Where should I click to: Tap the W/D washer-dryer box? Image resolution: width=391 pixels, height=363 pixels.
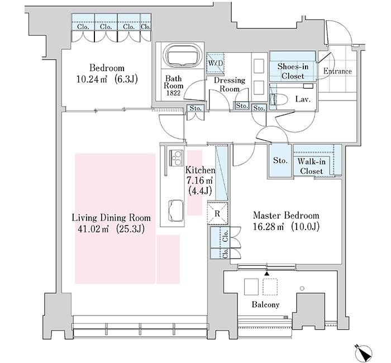coord(215,63)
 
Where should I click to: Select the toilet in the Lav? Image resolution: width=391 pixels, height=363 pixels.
coord(279,99)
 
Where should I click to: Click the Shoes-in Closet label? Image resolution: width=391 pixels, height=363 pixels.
coord(293,71)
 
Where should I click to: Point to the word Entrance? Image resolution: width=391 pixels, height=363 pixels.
coord(337,71)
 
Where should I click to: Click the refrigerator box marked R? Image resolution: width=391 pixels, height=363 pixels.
coord(217,213)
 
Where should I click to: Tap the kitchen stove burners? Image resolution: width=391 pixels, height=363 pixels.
coord(177,157)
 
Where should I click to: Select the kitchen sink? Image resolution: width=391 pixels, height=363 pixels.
coord(177,210)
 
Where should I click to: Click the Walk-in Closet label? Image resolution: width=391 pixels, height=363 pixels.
coord(312,166)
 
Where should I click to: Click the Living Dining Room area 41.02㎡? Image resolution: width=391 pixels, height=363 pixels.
coord(93,229)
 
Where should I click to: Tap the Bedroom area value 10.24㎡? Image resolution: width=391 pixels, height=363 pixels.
coord(92,79)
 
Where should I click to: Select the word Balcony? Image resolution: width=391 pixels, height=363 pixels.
coord(265,304)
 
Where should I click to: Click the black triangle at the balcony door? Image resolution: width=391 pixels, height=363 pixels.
coord(267,274)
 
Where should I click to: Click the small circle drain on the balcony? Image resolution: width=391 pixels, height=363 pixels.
coord(302,289)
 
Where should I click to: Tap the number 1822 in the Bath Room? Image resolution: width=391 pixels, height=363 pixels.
coord(174,93)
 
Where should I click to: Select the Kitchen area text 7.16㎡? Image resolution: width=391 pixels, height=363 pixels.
coord(199,180)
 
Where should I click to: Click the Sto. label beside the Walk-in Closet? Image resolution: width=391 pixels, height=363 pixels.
coord(280,160)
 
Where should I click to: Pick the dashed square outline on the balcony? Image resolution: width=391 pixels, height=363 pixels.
coord(270,286)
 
